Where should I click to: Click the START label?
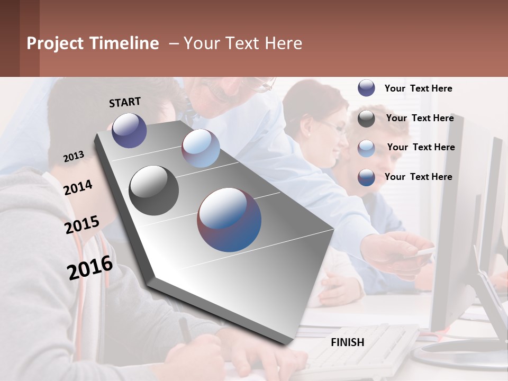(125, 102)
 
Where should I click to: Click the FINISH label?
(348, 342)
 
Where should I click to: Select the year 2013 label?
(74, 157)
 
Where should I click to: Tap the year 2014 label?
(78, 187)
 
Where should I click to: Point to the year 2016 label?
(90, 267)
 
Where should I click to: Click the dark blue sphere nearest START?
(129, 130)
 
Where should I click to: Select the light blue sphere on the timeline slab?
(201, 148)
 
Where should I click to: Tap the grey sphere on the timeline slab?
(153, 190)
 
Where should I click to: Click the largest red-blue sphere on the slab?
(229, 220)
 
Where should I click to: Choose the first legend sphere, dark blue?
(366, 88)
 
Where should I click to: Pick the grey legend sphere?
(366, 119)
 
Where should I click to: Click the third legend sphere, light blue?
(366, 148)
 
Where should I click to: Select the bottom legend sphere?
(366, 177)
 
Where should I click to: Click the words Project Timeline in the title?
(93, 43)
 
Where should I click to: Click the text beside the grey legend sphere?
(420, 118)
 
